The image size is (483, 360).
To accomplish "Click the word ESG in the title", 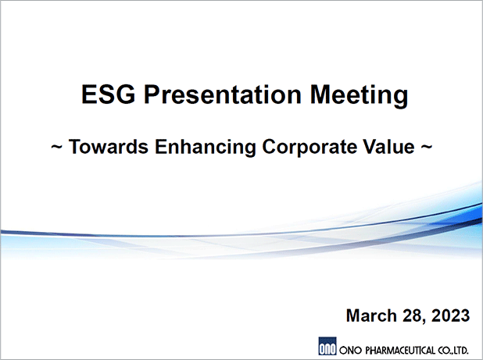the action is [108, 94].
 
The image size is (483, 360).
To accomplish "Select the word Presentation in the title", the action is [223, 94].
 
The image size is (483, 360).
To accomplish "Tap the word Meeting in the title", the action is [360, 96].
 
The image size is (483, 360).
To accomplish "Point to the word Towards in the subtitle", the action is [109, 147].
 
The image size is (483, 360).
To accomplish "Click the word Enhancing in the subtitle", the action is [205, 148].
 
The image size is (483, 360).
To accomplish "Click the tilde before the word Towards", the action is [57, 147].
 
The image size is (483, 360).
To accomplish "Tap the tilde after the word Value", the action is [427, 147].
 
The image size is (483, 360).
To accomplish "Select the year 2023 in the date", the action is [450, 315].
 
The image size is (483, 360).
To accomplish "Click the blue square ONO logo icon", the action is [327, 346].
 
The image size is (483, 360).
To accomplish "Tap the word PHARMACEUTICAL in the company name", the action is [400, 351].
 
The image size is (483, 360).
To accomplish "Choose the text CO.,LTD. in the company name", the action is [453, 351].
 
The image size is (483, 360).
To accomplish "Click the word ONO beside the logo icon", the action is [351, 351].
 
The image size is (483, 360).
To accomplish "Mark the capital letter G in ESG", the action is [126, 94].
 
